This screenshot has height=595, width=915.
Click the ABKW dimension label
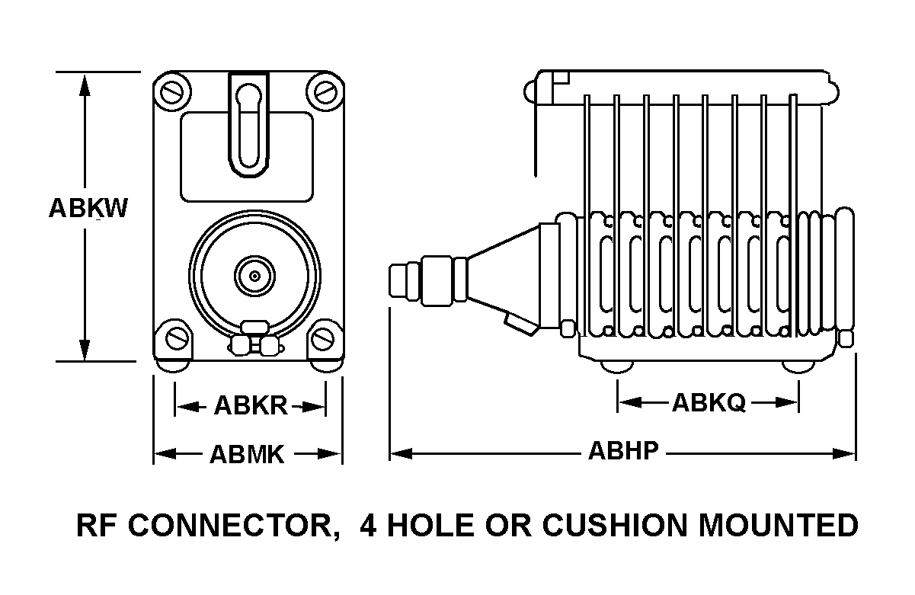[88, 208]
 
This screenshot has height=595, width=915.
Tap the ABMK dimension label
[247, 455]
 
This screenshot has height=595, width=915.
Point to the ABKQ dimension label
[709, 403]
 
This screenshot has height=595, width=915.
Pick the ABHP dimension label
[622, 451]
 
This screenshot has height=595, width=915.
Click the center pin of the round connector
[253, 275]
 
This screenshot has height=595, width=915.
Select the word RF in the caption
[94, 526]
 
